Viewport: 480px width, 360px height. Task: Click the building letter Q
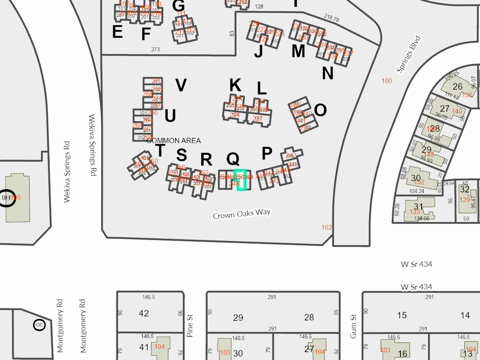(233, 159)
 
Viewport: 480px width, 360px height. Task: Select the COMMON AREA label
(174, 141)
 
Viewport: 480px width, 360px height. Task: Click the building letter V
(181, 85)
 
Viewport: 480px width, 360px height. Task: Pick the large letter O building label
(320, 110)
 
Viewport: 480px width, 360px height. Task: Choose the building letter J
(258, 51)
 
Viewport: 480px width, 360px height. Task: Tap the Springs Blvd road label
(409, 54)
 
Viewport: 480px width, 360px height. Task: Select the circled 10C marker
(39, 325)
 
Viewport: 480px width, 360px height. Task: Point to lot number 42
(144, 313)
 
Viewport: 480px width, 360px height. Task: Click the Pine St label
(190, 326)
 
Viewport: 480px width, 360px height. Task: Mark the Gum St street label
(353, 326)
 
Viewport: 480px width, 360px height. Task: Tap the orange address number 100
(387, 81)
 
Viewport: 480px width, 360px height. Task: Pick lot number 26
(458, 86)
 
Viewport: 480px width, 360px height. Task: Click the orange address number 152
(419, 182)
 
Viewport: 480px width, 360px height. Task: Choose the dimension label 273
(156, 50)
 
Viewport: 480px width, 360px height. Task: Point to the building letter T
(160, 151)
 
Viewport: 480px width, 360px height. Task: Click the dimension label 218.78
(331, 18)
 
